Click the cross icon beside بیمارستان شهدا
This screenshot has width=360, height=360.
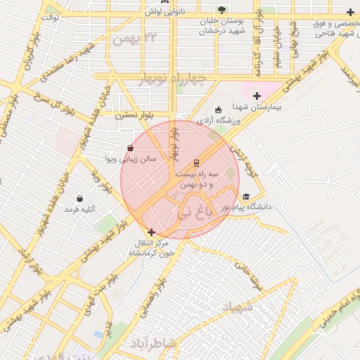[x=257, y=96]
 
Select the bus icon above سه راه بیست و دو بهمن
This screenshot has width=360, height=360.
[x=196, y=160]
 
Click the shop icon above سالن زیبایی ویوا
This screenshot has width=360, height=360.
[x=131, y=148]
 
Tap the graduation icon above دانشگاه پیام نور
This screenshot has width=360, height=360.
[x=245, y=197]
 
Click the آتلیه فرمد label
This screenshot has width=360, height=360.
[x=79, y=210]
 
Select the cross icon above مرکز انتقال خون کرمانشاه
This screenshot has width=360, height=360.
[x=151, y=232]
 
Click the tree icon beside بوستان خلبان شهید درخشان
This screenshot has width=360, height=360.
[x=222, y=11]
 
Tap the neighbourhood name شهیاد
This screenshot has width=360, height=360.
[x=236, y=307]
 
